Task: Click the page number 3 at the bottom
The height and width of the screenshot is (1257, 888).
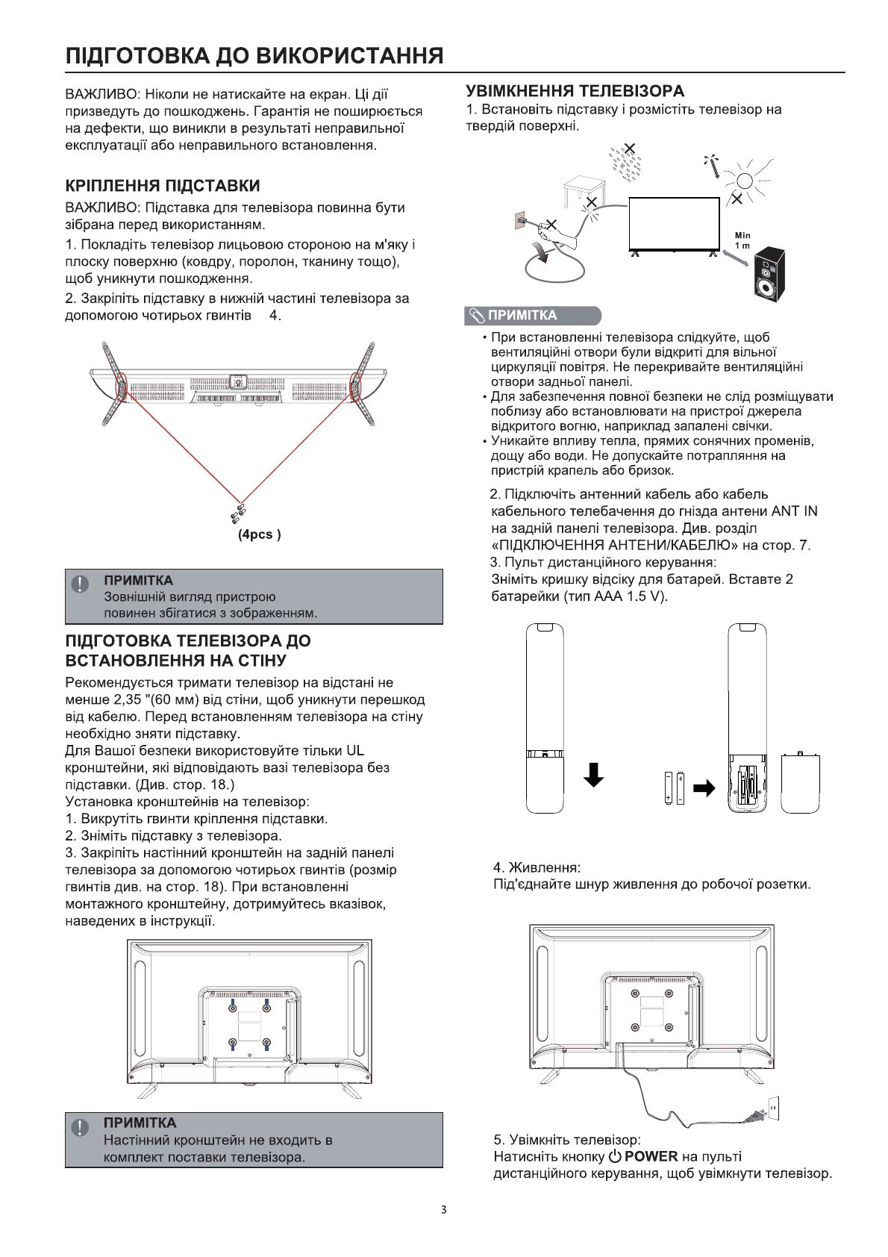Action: pos(444,1209)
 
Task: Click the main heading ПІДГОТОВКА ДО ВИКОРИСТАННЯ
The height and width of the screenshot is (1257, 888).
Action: pos(254,56)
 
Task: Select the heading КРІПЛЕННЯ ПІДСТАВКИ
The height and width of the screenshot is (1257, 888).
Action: pos(163,185)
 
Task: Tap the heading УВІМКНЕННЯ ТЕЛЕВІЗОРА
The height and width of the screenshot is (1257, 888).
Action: pos(575,91)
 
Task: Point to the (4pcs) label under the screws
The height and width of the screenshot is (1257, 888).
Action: pos(259,534)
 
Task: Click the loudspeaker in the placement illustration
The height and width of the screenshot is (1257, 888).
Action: pos(769,273)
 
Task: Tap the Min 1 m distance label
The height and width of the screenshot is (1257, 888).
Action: pos(742,240)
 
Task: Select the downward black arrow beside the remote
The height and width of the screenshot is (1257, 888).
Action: pos(593,775)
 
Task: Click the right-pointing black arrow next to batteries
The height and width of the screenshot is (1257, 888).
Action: pos(704,788)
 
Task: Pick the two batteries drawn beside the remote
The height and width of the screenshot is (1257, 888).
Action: pos(674,788)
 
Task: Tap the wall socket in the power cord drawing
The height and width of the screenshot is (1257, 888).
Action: pos(774,1108)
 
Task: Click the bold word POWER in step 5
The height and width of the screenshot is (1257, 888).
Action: pos(651,1156)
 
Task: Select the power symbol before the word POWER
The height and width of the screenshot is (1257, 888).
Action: pos(615,1156)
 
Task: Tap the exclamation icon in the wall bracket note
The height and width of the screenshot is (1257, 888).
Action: pos(79,1127)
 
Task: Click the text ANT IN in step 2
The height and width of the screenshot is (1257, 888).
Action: pos(794,511)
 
